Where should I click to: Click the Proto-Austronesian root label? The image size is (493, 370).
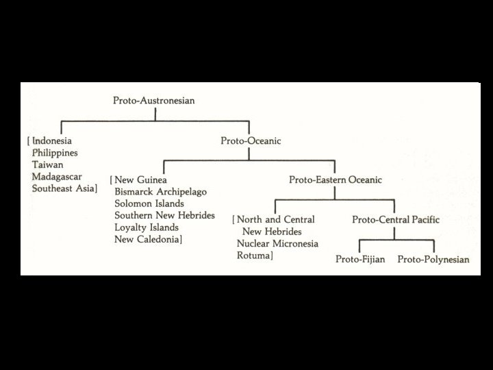point(154,101)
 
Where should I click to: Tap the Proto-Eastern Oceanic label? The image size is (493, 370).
point(335,180)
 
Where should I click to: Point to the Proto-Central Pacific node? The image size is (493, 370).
point(396,219)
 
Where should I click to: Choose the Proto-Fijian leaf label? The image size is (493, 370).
point(361,259)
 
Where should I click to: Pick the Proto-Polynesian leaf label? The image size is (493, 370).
point(433,259)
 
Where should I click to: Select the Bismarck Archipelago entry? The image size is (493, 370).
point(161,191)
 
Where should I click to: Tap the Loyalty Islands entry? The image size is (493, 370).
point(147,227)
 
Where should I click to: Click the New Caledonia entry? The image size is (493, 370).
point(149,239)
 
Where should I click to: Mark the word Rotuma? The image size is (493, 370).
point(255,256)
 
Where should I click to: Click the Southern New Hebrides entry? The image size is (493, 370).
point(165,215)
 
